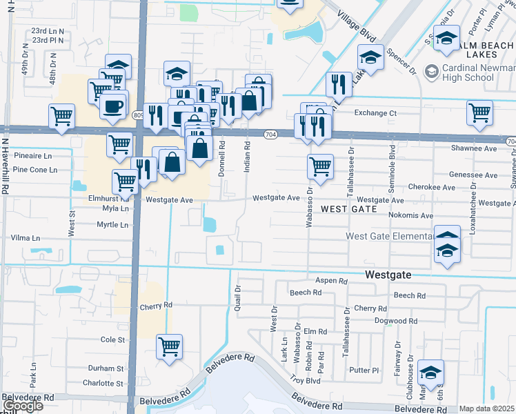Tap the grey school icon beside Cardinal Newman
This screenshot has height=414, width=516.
click(432, 70)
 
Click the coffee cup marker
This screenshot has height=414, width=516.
click(113, 106)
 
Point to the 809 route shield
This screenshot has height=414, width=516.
click(139, 115)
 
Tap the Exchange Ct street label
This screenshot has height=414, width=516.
click(375, 112)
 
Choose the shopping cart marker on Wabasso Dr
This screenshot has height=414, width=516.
click(320, 166)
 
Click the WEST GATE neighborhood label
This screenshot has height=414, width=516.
click(349, 208)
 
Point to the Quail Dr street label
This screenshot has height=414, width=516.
click(237, 298)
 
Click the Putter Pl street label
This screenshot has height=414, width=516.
click(365, 370)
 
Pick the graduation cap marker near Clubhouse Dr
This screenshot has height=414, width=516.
click(430, 373)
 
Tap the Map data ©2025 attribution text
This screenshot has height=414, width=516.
click(487, 408)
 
